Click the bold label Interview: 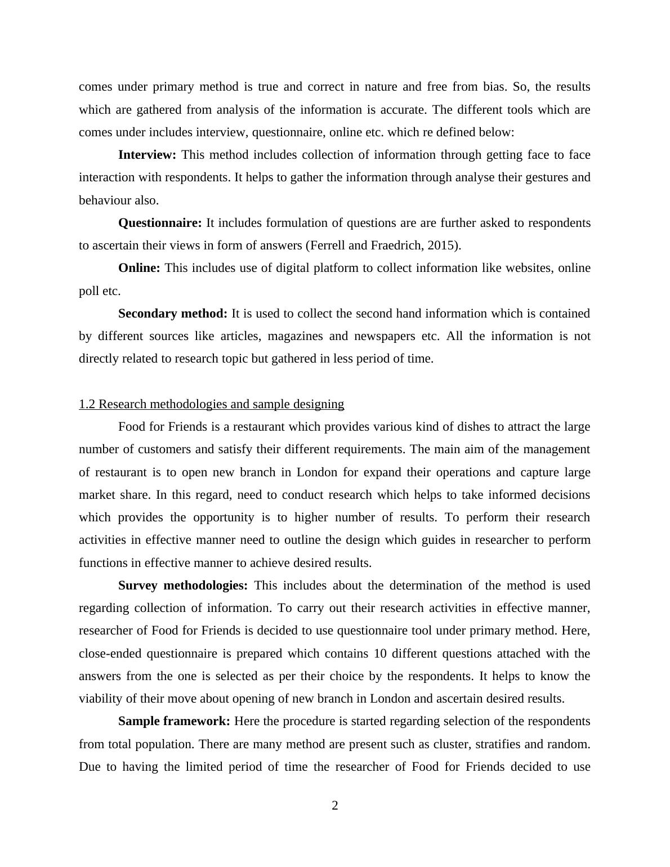pos(147,155)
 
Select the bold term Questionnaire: pos(160,223)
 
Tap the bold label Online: pos(139,268)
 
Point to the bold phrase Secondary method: pos(173,314)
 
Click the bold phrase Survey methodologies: pos(183,586)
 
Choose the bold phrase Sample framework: pos(174,721)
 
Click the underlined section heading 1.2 pos(211,404)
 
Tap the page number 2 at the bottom pos(335,806)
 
